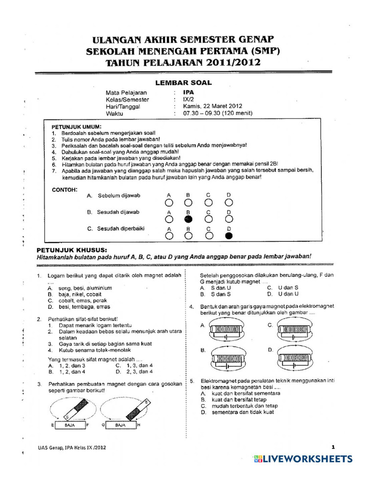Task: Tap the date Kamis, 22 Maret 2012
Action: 212,106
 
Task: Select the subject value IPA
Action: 188,92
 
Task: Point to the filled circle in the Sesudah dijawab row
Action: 188,219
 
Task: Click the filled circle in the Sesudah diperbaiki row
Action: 229,235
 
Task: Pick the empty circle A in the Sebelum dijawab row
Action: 169,202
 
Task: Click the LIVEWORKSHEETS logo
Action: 303,459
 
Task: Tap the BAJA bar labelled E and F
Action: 70,426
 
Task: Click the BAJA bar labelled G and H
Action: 120,426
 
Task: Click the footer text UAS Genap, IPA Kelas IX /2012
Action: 71,447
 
